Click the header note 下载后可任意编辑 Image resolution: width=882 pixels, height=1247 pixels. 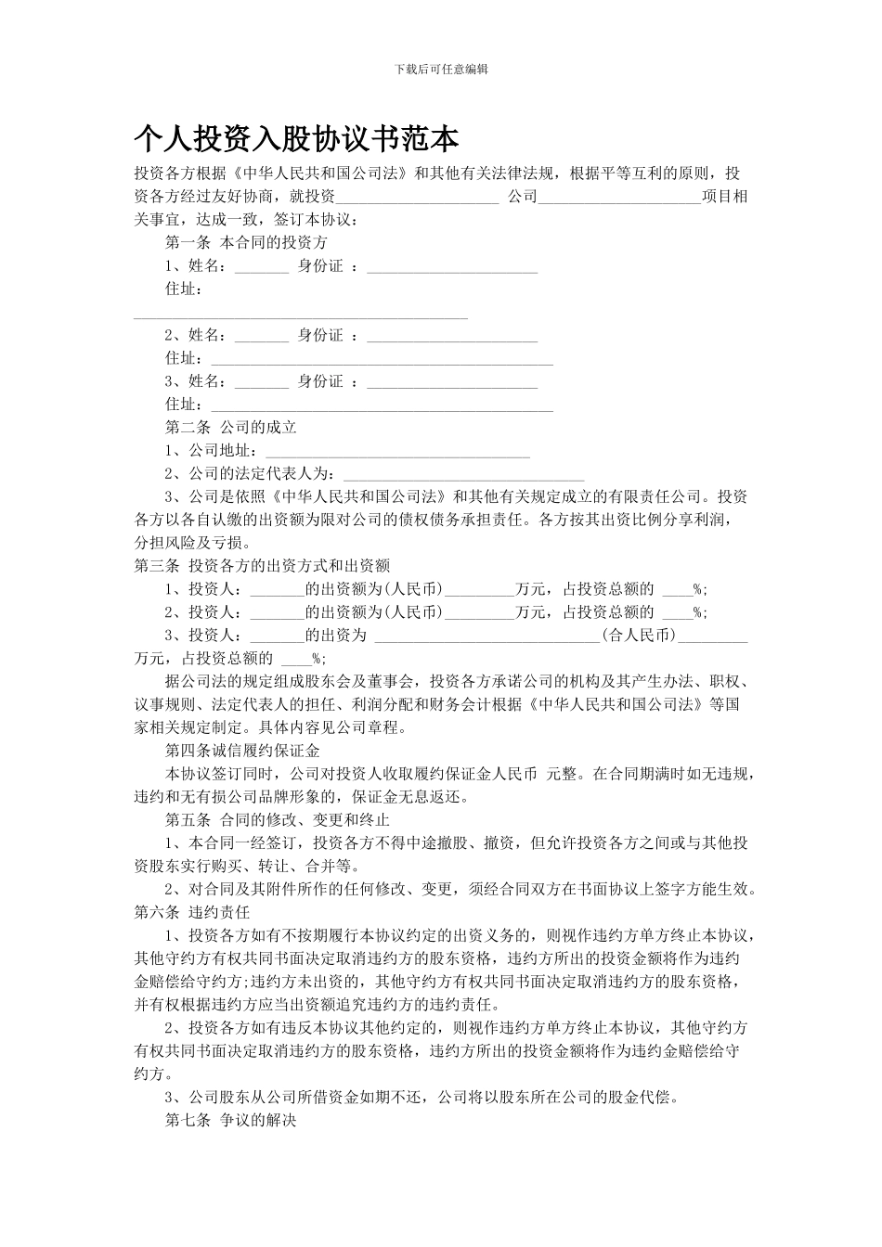pyautogui.click(x=441, y=70)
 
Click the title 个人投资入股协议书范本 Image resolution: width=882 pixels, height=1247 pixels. pyautogui.click(x=296, y=139)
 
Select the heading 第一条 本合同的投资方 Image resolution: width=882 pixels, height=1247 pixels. pyautogui.click(x=246, y=243)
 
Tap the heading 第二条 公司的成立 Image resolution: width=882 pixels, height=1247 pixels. pyautogui.click(x=230, y=428)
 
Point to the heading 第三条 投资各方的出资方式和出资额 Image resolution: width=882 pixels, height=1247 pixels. pyautogui.click(x=262, y=565)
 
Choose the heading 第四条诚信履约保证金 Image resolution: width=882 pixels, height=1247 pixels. pyautogui.click(x=242, y=750)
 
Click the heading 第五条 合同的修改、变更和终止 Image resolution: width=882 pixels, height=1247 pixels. pyautogui.click(x=277, y=820)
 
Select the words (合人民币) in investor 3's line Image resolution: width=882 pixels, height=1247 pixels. pyautogui.click(x=639, y=636)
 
